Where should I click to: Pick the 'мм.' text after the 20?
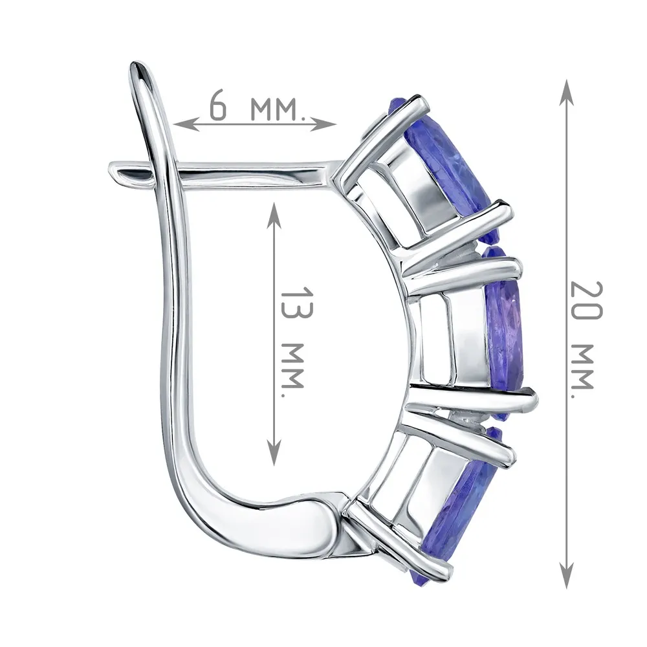[583, 365]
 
